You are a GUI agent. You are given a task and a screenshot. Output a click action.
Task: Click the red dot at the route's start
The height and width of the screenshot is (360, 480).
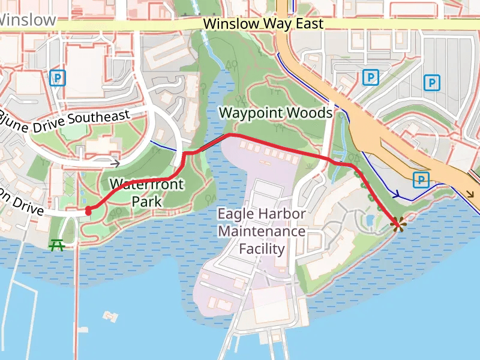88,211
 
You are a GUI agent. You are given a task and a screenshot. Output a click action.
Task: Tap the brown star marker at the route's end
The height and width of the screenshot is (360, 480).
396,225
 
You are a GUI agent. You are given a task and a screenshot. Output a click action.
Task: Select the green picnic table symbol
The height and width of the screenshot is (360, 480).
58,244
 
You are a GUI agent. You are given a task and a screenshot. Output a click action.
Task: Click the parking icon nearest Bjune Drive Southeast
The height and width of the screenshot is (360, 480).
58,78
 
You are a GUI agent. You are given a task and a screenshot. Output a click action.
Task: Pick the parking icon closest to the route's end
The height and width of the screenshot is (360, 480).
421,179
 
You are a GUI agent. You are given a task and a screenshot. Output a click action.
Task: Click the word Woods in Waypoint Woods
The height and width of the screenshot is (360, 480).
310,113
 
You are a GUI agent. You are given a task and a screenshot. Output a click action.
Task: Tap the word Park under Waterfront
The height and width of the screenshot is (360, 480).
146,202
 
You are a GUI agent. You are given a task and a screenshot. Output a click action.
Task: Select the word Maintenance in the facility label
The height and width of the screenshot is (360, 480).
261,231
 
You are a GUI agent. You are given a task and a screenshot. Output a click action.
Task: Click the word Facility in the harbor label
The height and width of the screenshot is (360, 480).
261,248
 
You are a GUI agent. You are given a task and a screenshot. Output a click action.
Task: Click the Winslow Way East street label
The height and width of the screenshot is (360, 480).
263,24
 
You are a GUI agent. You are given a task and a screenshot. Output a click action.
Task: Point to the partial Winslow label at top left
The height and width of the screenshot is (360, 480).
28,19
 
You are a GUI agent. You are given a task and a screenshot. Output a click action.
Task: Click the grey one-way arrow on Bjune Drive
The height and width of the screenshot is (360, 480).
115,162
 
